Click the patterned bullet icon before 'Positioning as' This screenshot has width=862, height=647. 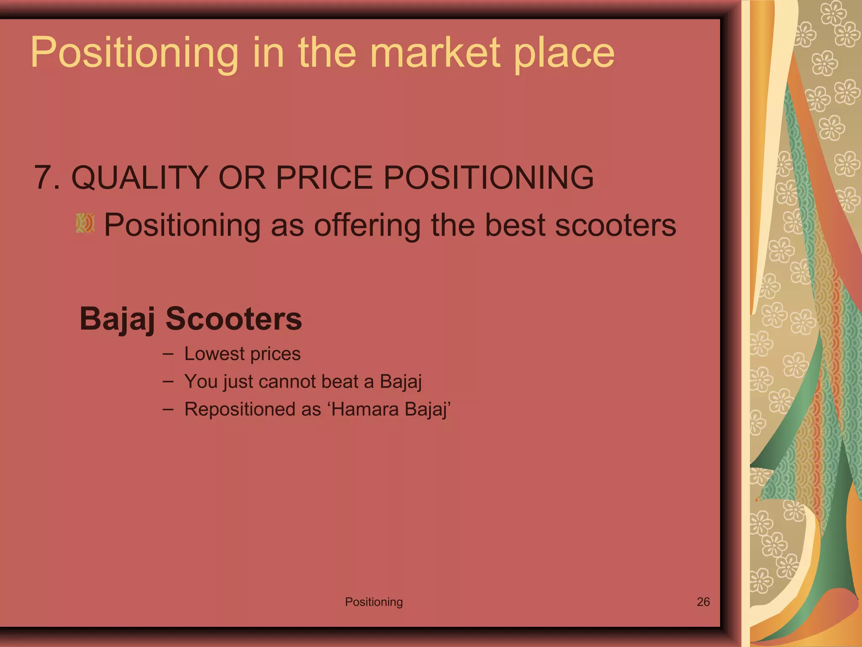pos(85,223)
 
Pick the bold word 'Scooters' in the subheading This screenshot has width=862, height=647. pos(234,319)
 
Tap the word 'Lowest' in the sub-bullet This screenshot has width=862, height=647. pos(214,354)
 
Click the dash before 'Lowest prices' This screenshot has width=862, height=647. pos(168,353)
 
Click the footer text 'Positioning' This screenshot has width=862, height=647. pos(374,602)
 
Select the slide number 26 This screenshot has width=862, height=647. pos(703,602)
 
